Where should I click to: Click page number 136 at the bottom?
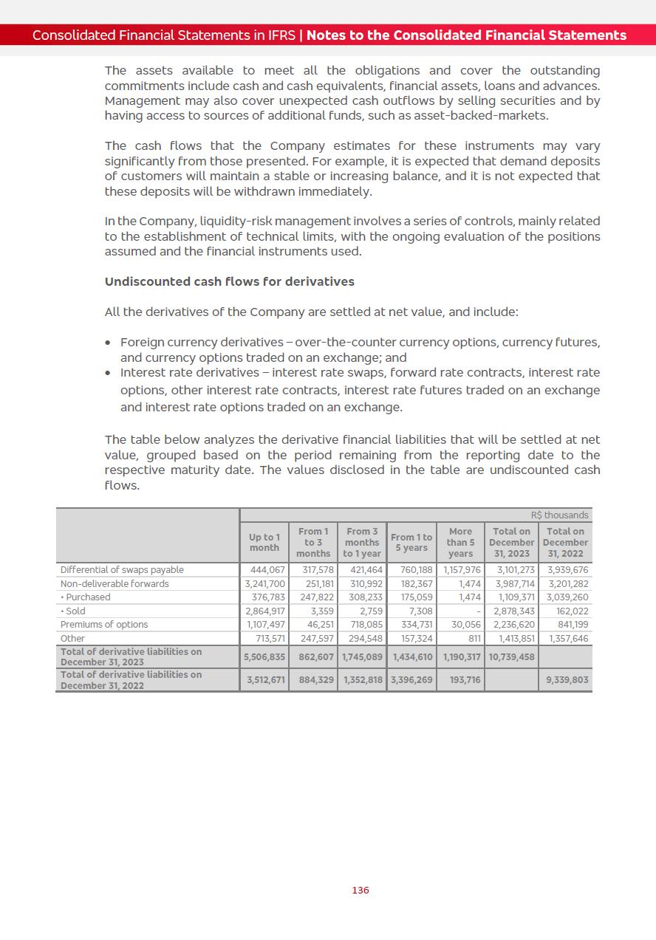pyautogui.click(x=360, y=890)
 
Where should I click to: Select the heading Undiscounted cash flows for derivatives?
pyautogui.click(x=229, y=281)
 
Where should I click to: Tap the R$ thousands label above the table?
pyautogui.click(x=559, y=515)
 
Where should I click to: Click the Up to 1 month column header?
pyautogui.click(x=264, y=542)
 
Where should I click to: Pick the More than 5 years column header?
pyautogui.click(x=460, y=542)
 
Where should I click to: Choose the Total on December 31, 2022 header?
pyautogui.click(x=565, y=542)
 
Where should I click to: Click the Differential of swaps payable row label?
pyautogui.click(x=122, y=569)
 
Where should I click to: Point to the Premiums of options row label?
pyautogui.click(x=104, y=624)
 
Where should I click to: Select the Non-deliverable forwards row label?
pyautogui.click(x=115, y=583)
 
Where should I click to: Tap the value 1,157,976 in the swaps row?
pyautogui.click(x=462, y=569)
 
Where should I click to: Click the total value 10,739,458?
pyautogui.click(x=511, y=656)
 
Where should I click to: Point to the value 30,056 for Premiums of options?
pyautogui.click(x=465, y=624)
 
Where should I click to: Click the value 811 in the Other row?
pyautogui.click(x=474, y=638)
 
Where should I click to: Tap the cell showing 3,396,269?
pyautogui.click(x=411, y=679)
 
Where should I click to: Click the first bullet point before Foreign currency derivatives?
pyautogui.click(x=109, y=343)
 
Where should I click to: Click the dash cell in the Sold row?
pyautogui.click(x=479, y=611)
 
